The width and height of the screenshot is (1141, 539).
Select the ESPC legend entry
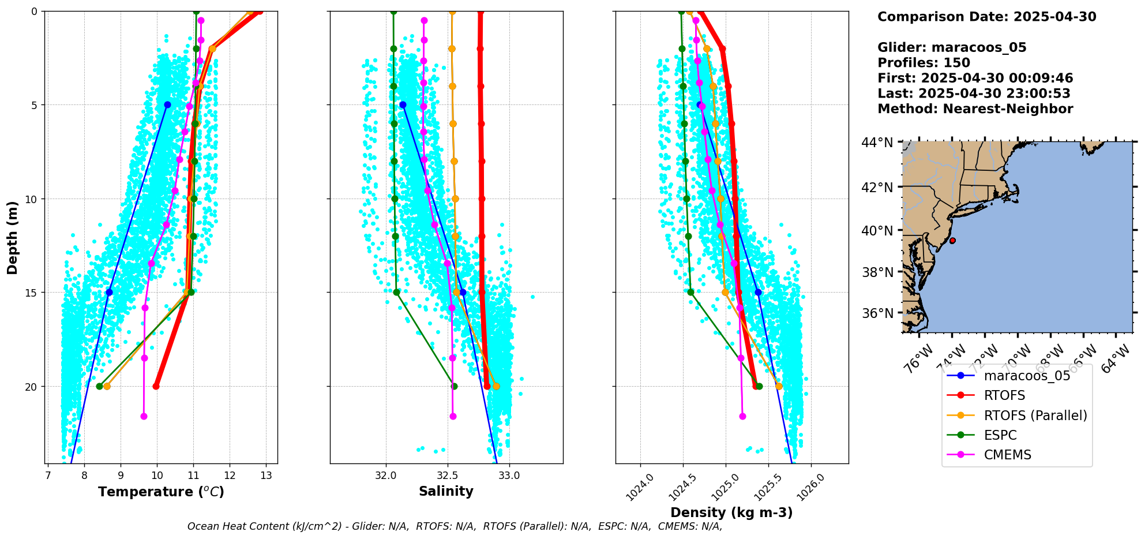(x=1000, y=435)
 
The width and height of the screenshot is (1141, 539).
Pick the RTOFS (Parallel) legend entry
(x=1035, y=416)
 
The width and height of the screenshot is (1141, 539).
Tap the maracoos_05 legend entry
(x=1027, y=376)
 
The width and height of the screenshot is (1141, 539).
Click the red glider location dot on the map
(x=952, y=241)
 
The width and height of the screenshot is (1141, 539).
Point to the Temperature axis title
(x=161, y=492)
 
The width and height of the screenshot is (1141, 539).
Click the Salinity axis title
(x=446, y=492)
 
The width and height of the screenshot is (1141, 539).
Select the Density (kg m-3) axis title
(x=731, y=512)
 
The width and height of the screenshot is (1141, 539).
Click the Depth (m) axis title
(x=12, y=237)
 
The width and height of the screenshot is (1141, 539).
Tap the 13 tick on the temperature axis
(x=266, y=476)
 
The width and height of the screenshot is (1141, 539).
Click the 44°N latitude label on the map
(x=877, y=142)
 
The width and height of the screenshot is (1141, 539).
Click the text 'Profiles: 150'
(x=924, y=63)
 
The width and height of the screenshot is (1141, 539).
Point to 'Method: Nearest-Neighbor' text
(x=975, y=109)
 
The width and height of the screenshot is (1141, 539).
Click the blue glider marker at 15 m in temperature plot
(x=109, y=292)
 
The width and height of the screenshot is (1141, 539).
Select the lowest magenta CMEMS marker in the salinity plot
(x=453, y=416)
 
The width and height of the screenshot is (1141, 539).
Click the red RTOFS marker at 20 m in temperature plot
(x=156, y=386)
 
